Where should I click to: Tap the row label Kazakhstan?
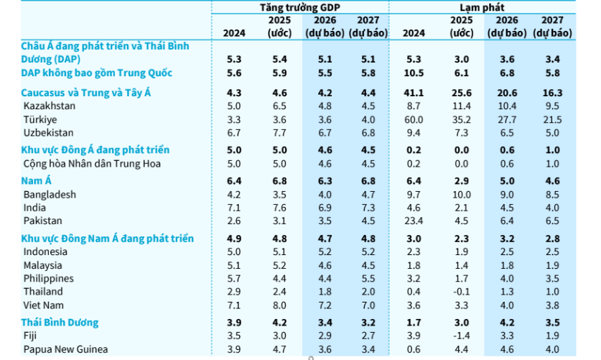(x=49, y=106)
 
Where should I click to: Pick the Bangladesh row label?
(x=49, y=194)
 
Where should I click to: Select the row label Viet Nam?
(x=45, y=305)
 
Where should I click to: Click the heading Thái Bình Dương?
(x=60, y=323)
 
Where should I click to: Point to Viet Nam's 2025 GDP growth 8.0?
(x=279, y=305)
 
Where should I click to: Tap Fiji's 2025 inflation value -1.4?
(x=462, y=336)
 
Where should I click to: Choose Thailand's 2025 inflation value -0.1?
(x=462, y=291)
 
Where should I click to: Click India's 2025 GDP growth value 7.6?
(x=279, y=208)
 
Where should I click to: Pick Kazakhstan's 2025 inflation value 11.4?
(x=462, y=106)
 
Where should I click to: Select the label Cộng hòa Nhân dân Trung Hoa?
(x=92, y=163)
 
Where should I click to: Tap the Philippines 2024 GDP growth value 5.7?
(x=233, y=278)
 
